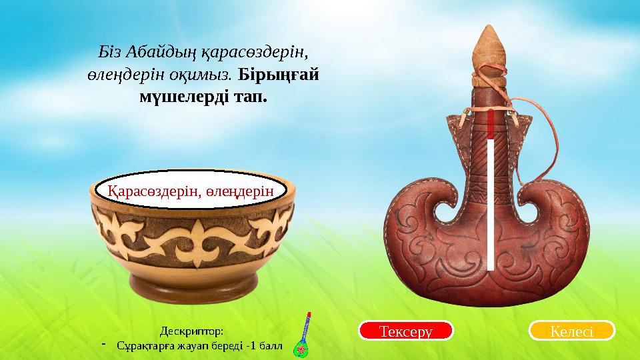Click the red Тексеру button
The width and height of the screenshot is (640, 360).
point(406,330)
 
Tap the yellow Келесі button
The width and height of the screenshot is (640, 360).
point(571,330)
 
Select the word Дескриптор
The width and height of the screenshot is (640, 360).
point(193,331)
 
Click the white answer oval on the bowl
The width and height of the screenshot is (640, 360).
point(192,191)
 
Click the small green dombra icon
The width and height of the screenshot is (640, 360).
point(305,336)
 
